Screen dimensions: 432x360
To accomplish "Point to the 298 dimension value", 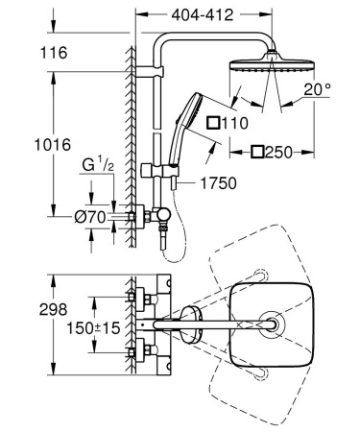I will click(x=25, y=309).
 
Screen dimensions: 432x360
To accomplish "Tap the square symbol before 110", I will click(x=214, y=123).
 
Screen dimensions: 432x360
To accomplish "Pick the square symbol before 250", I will click(x=256, y=152).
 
